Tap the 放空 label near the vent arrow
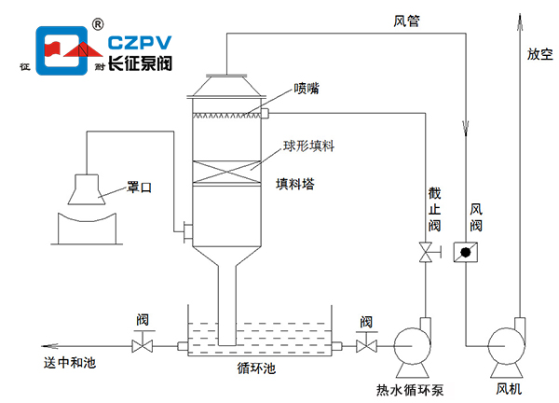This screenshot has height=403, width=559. click(540, 55)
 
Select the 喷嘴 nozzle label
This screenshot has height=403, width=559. click(307, 89)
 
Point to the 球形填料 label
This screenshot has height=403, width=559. click(309, 147)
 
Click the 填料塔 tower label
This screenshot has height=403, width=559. click(294, 184)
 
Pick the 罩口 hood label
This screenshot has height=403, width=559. click(139, 188)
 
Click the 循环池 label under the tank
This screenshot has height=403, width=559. click(256, 368)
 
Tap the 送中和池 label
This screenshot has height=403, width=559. click(69, 363)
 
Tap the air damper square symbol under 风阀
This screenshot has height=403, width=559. click(460, 252)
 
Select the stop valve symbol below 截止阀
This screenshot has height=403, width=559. click(426, 252)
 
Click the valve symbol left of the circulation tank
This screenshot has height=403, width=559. click(143, 346)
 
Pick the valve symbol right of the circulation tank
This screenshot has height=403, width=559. click(366, 346)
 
